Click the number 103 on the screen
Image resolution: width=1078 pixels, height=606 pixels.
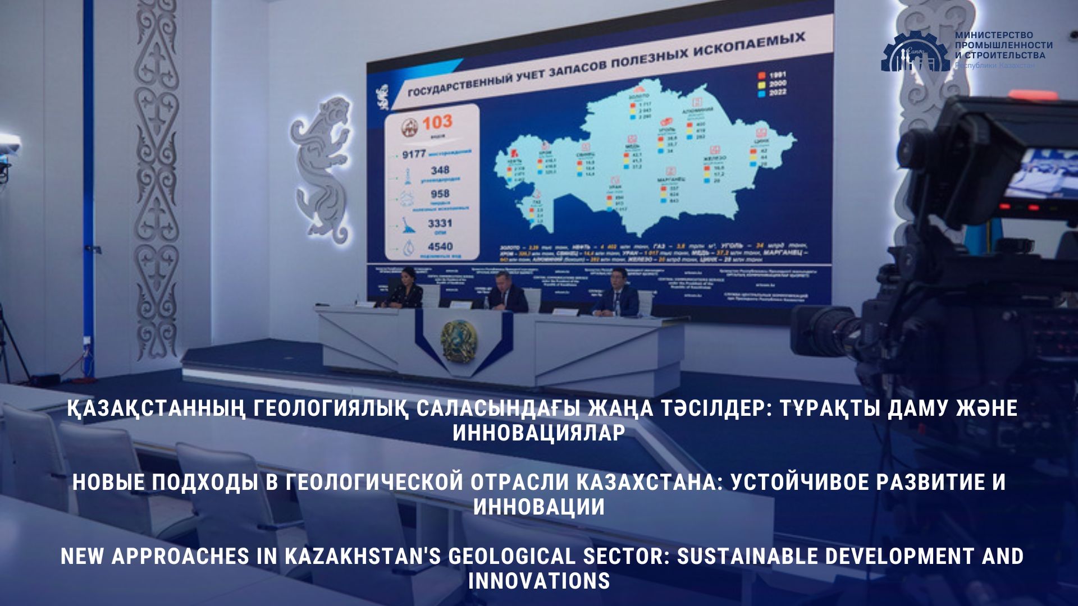tap(437, 122)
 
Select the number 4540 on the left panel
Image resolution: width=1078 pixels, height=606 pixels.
tap(440, 246)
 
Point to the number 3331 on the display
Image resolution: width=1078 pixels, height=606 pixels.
tap(440, 223)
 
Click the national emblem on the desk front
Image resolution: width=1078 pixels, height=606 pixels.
tap(459, 340)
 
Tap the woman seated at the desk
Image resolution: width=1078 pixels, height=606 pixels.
tap(405, 289)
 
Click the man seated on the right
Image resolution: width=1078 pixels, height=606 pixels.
tap(616, 295)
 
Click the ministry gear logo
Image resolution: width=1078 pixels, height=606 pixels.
tap(914, 52)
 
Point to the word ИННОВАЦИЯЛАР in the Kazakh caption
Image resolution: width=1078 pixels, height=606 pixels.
tap(539, 433)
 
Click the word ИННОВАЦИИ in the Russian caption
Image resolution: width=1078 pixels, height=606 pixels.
tap(539, 507)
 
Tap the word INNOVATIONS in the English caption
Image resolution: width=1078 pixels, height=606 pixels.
tap(539, 581)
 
